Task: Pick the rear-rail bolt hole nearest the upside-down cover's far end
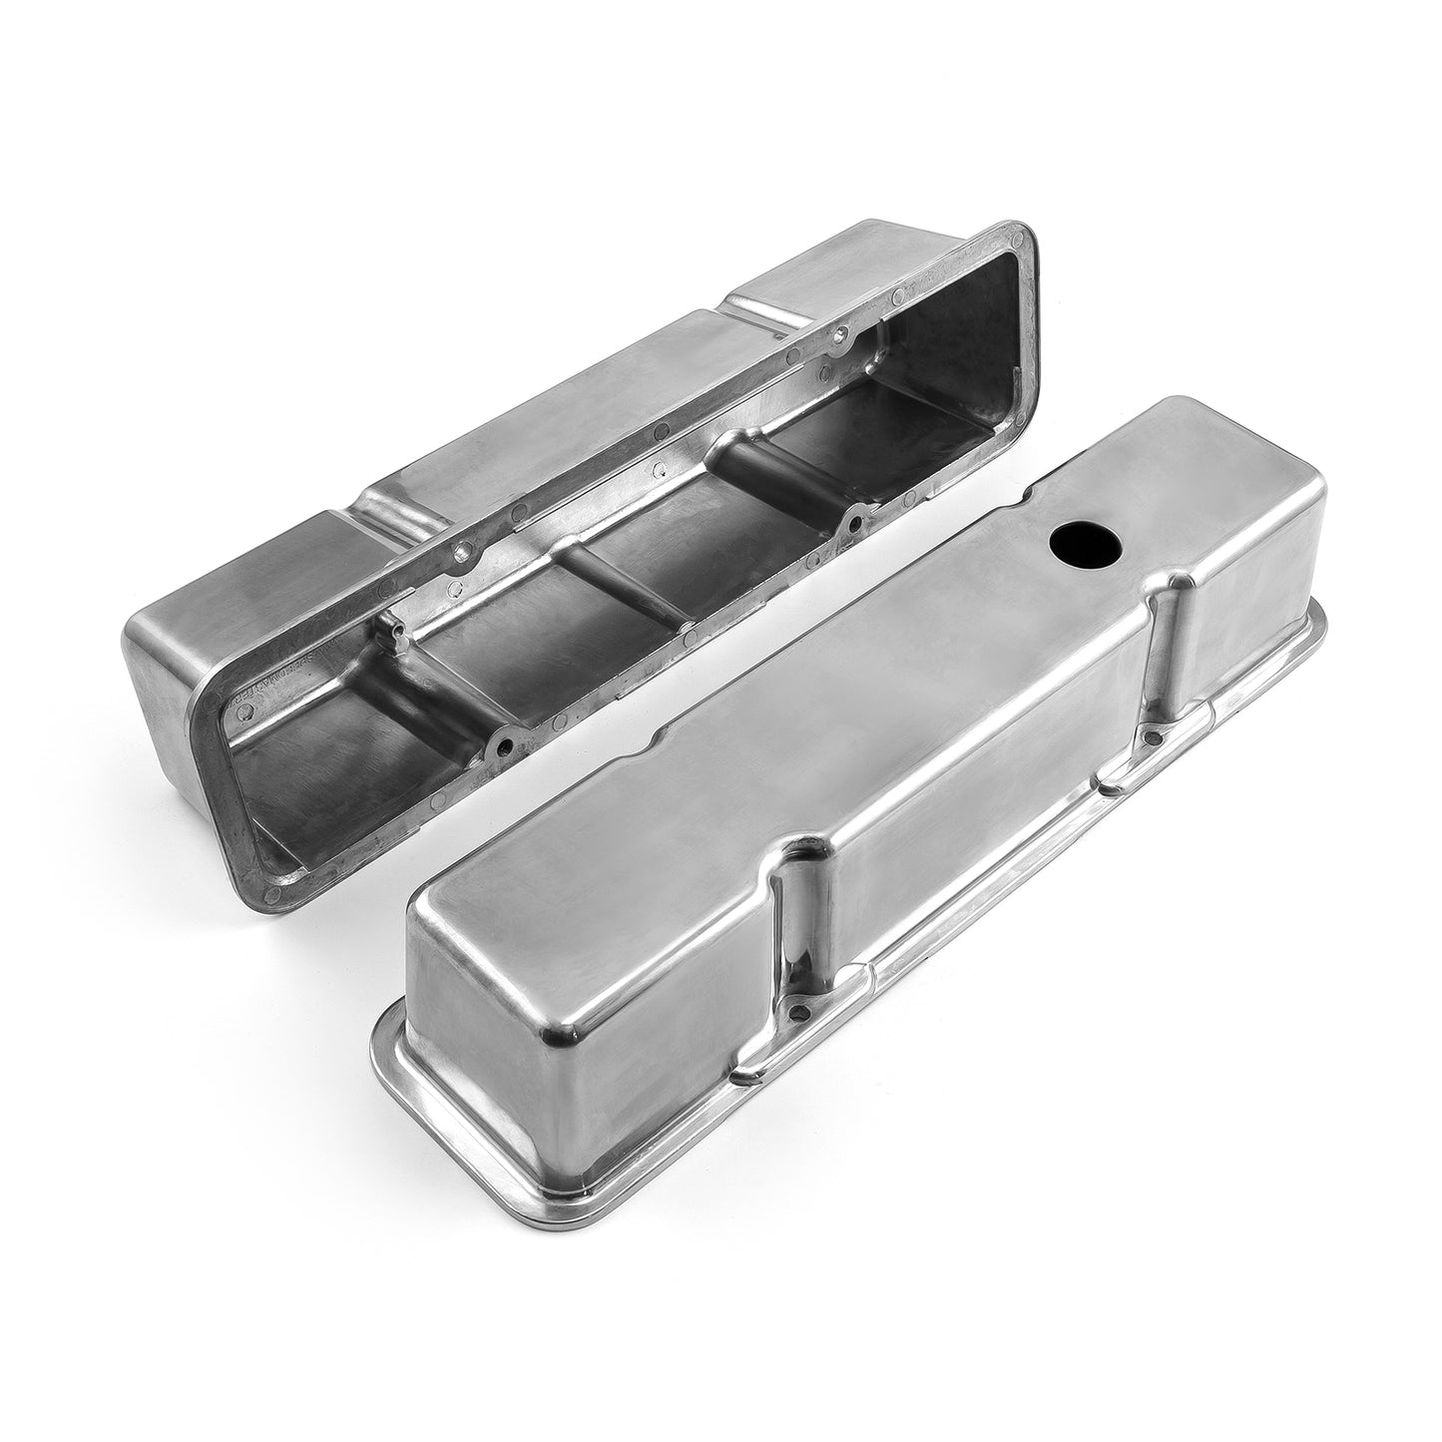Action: coord(844,334)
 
